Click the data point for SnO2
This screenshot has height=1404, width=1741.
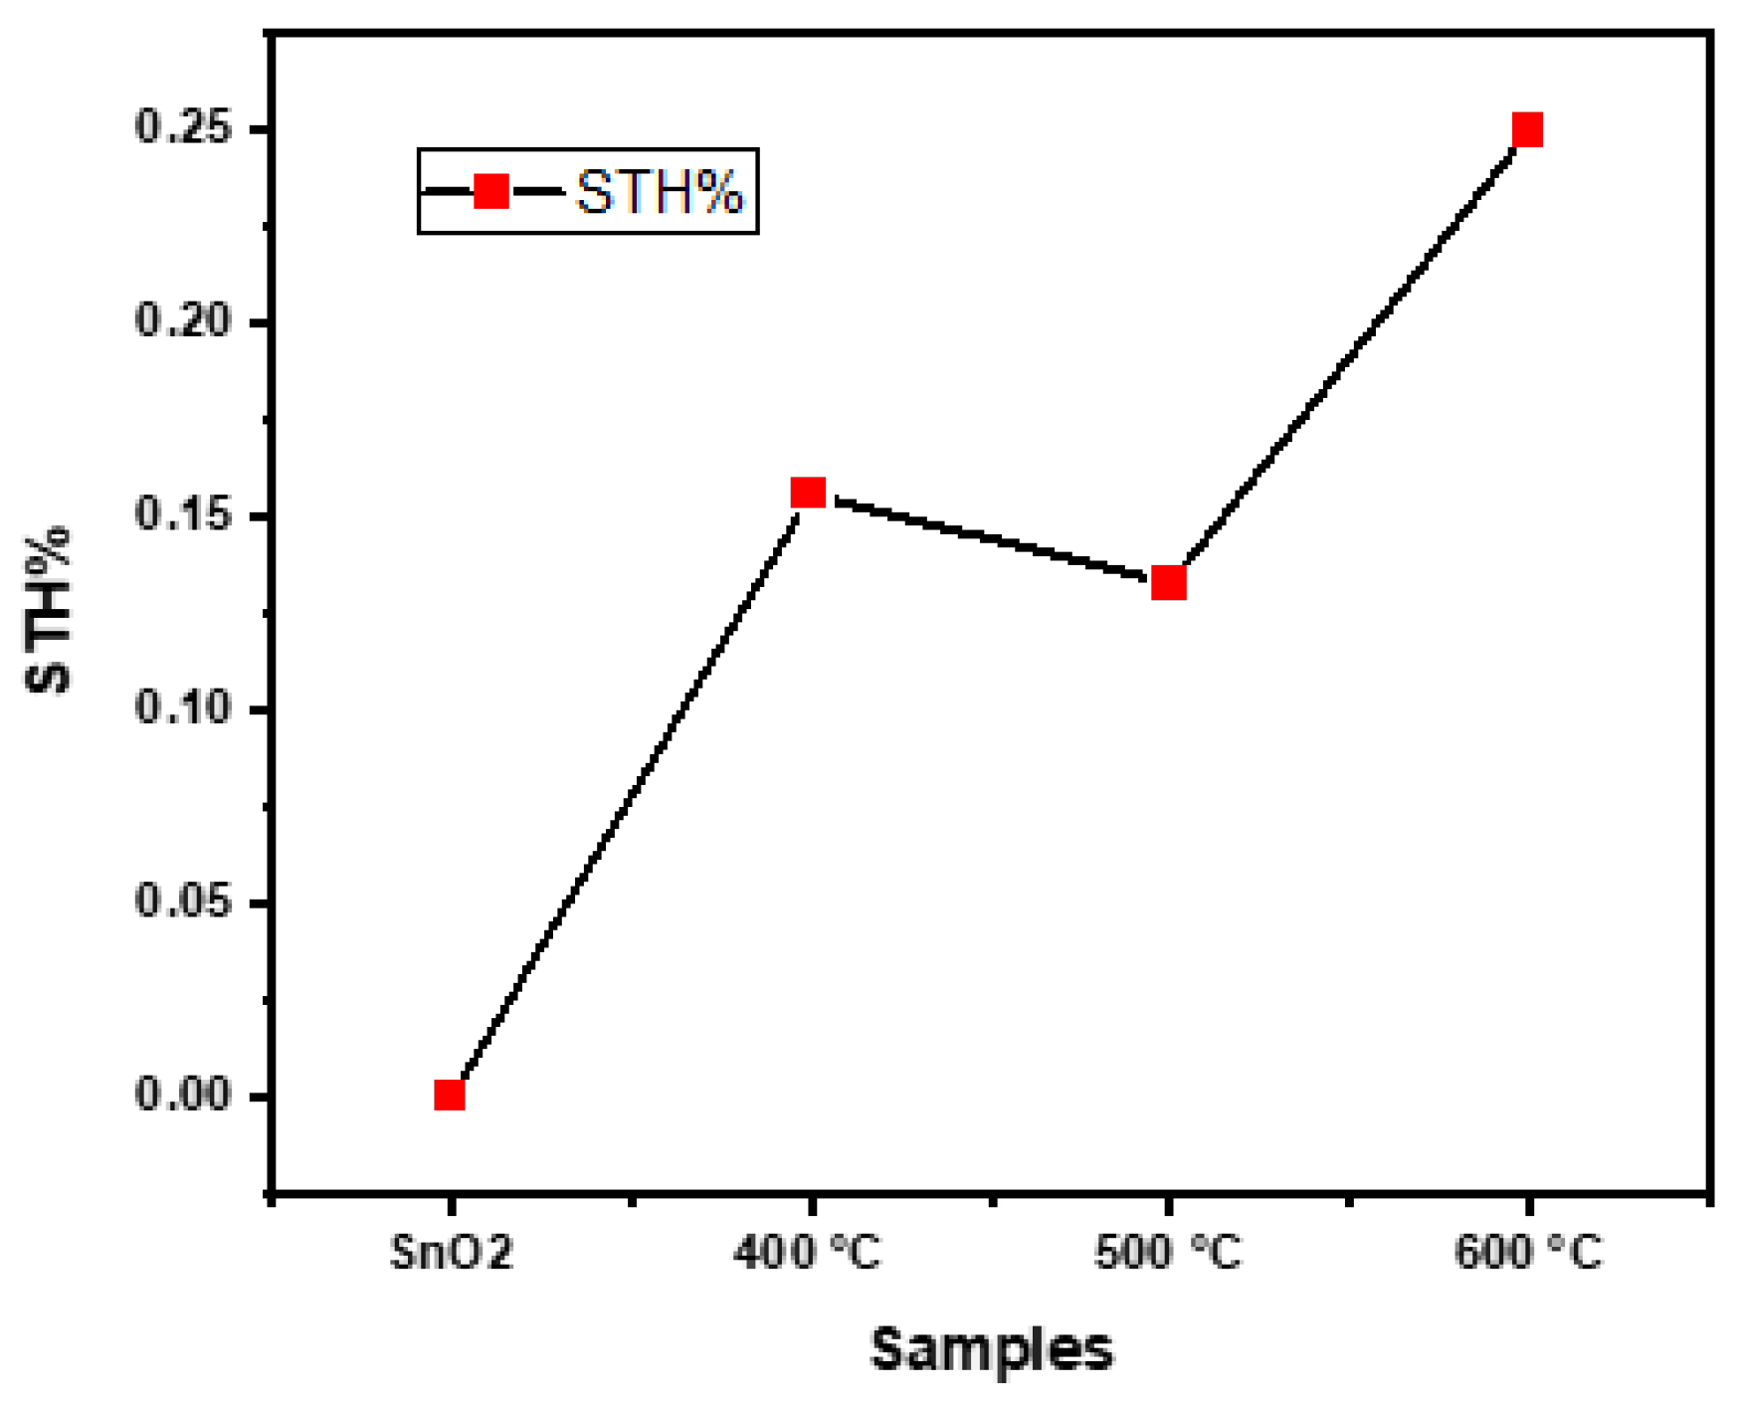click(450, 1096)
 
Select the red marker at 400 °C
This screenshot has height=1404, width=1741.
click(808, 493)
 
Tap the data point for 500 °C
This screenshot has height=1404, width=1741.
click(1168, 583)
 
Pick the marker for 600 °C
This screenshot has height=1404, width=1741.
click(1527, 129)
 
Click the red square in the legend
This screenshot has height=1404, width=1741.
click(491, 191)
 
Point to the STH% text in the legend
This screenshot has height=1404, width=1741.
click(659, 192)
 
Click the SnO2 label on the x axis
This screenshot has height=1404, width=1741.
click(452, 1253)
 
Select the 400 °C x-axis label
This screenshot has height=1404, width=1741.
click(808, 1253)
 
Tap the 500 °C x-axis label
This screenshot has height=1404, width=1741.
click(1168, 1253)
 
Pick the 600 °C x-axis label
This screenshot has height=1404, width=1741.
click(1528, 1253)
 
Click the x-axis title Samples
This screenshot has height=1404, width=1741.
click(992, 1350)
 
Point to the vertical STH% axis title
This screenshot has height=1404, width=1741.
click(50, 609)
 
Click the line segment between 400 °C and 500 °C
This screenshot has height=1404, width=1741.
click(988, 538)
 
